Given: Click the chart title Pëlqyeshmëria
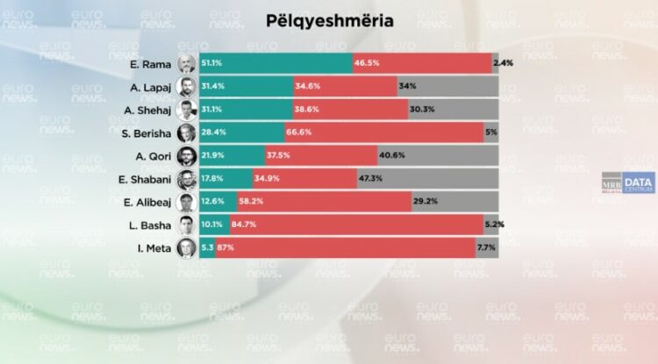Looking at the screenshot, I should coord(329,19).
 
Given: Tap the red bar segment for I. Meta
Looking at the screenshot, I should coord(360,248).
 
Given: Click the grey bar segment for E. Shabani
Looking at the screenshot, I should coord(439,180).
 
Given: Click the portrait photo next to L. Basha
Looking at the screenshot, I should coord(186,225).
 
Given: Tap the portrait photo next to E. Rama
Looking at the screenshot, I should coord(186,63).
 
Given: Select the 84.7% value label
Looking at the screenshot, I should coord(243,225).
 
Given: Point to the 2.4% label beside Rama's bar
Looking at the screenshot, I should coord(503,63).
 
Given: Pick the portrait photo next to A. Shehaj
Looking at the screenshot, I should coord(186,110).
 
